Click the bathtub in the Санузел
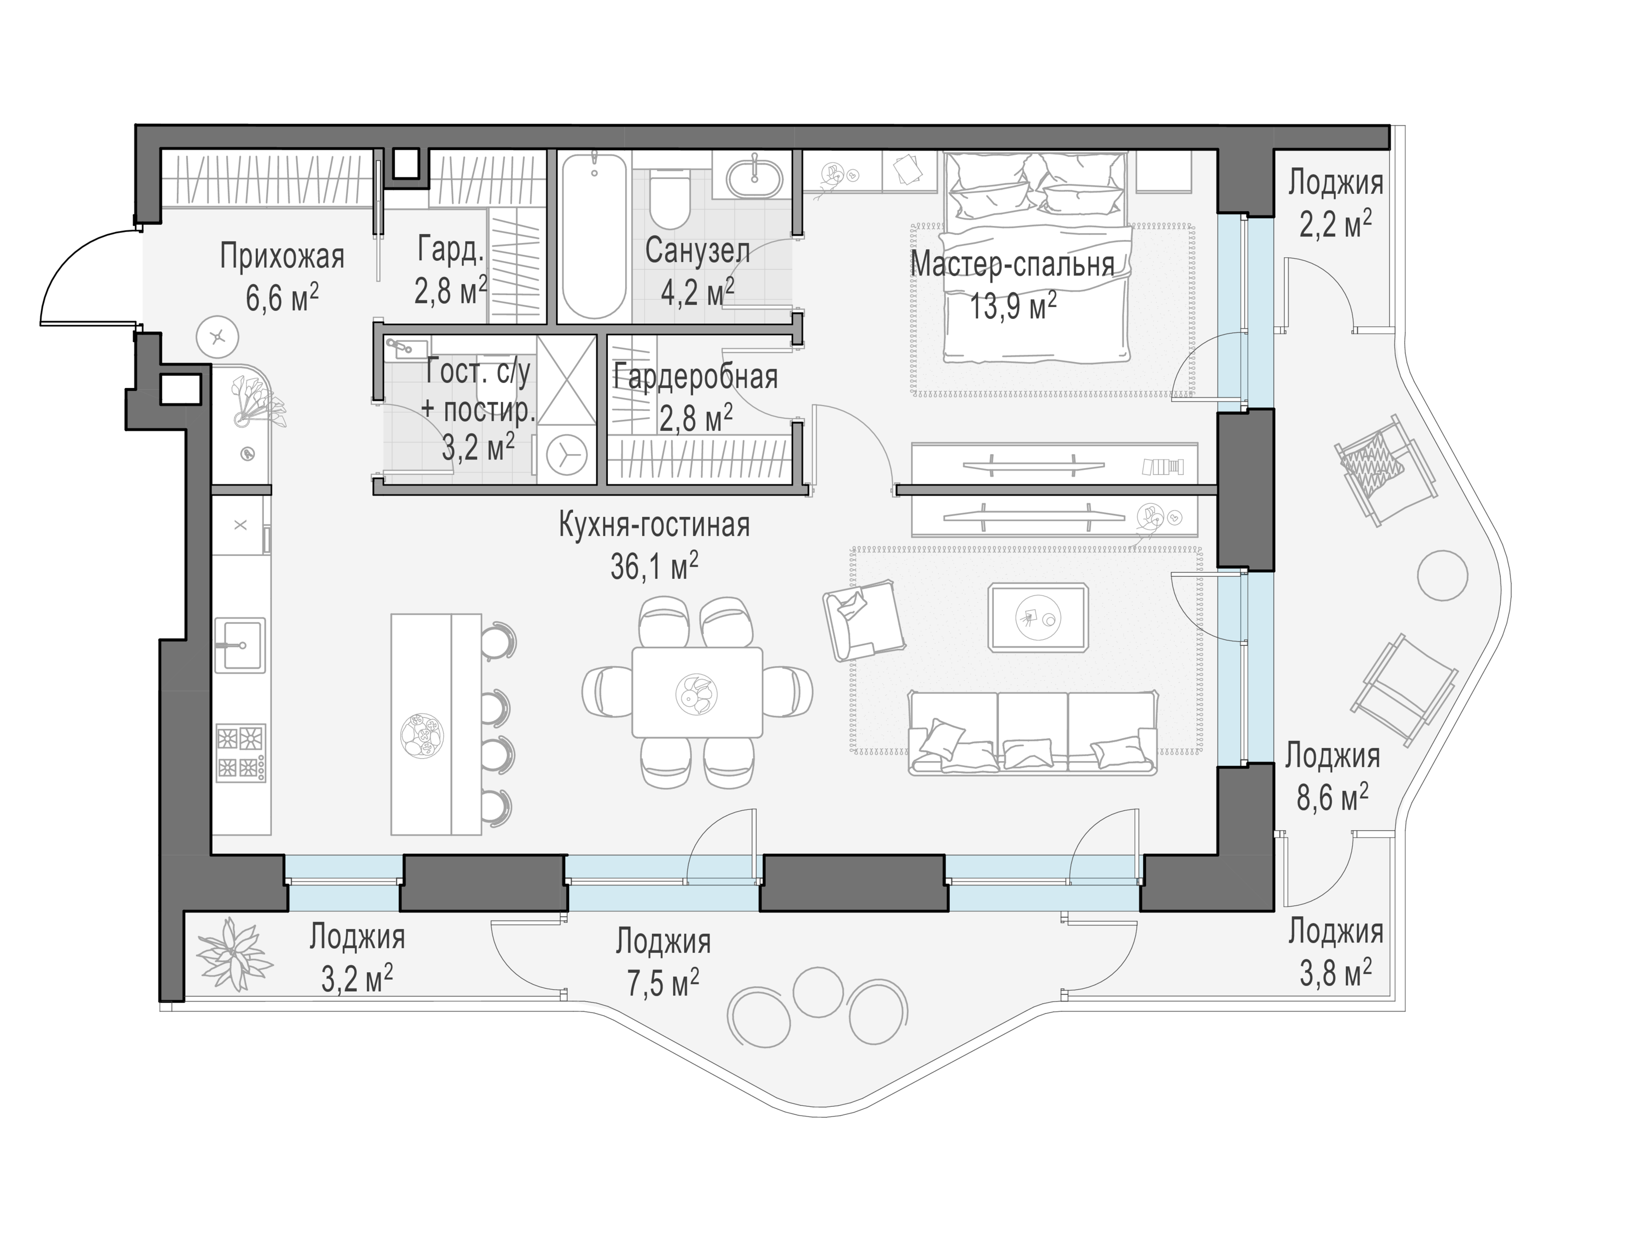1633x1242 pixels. click(x=594, y=235)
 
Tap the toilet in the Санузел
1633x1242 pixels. click(x=670, y=200)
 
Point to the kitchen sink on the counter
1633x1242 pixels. click(x=240, y=645)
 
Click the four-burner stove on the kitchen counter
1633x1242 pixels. click(x=241, y=753)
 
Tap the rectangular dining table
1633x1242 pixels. click(x=697, y=692)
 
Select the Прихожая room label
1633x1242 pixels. click(x=282, y=257)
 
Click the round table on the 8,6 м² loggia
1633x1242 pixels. click(x=1442, y=576)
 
